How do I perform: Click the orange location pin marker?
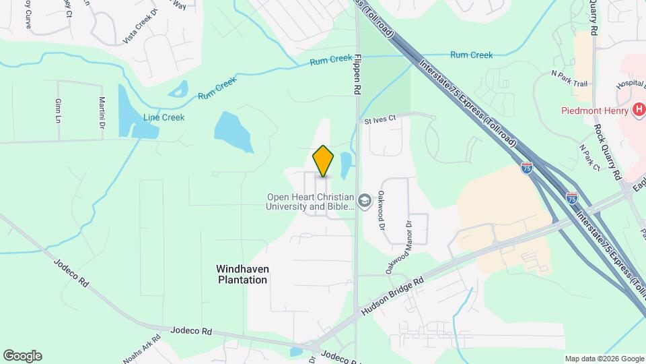323,162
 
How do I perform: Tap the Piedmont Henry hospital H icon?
639,110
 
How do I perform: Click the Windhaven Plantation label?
242,274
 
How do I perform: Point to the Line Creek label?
164,117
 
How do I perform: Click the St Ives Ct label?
381,121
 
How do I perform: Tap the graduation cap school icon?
364,201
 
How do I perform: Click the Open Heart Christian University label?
310,202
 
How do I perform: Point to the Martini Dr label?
102,108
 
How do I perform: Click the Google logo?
22,356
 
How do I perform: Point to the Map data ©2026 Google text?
604,359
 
